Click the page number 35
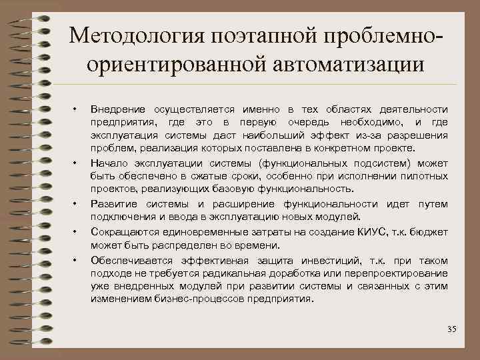pos(452,329)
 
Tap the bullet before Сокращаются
pos(76,231)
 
